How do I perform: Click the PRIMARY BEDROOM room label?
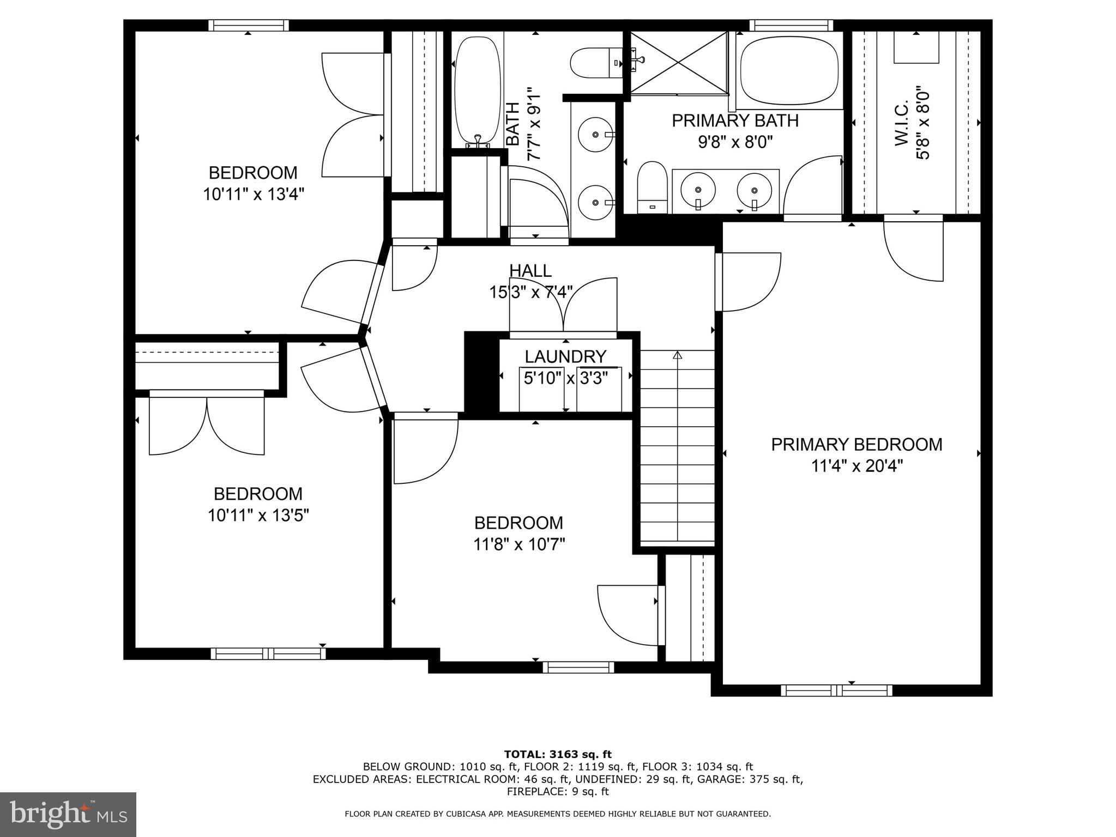click(x=856, y=445)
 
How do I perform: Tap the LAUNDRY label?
click(x=565, y=356)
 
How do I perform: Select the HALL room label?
click(x=530, y=270)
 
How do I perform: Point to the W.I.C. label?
click(x=901, y=122)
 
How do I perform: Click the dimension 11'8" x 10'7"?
click(x=519, y=544)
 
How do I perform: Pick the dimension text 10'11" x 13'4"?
click(x=254, y=194)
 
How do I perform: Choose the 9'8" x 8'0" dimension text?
click(x=735, y=142)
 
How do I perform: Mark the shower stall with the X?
click(x=679, y=62)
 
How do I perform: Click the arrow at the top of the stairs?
click(x=677, y=356)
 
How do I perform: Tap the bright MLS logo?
click(x=68, y=815)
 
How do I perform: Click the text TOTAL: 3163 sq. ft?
click(x=558, y=754)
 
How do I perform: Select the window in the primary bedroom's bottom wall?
click(x=836, y=690)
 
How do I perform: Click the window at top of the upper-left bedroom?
click(x=249, y=25)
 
